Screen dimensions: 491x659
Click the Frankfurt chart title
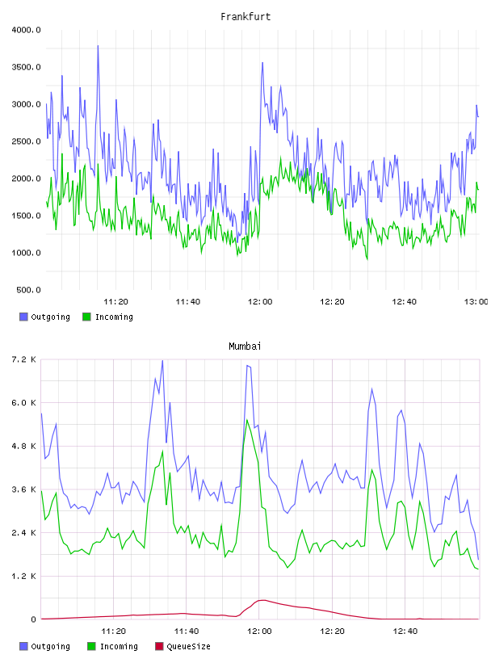(x=245, y=17)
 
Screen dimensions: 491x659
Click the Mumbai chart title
(x=245, y=346)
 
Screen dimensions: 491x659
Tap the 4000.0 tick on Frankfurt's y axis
(x=26, y=30)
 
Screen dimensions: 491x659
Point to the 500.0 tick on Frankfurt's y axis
(x=28, y=290)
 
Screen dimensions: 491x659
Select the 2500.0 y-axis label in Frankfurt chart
(x=26, y=141)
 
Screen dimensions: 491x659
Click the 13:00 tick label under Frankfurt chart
(x=476, y=302)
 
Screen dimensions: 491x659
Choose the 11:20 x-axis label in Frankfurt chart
(x=115, y=302)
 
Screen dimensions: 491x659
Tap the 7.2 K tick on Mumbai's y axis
(x=23, y=359)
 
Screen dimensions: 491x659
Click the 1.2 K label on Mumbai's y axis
(x=23, y=576)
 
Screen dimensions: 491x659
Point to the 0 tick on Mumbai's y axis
(x=33, y=619)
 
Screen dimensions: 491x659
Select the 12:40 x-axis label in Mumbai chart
(x=405, y=632)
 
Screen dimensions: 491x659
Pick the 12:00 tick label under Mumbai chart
(x=259, y=632)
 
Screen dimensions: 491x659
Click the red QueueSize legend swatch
(x=159, y=646)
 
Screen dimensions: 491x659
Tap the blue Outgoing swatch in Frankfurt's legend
(x=23, y=317)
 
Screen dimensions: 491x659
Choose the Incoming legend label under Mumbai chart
(x=119, y=646)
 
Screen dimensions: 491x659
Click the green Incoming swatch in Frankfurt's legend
(x=86, y=317)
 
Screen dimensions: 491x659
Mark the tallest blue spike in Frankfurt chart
(x=98, y=46)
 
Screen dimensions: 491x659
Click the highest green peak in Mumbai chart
(x=247, y=420)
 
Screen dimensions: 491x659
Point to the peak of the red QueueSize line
(x=262, y=600)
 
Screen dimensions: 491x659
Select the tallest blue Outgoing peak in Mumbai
(x=162, y=361)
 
